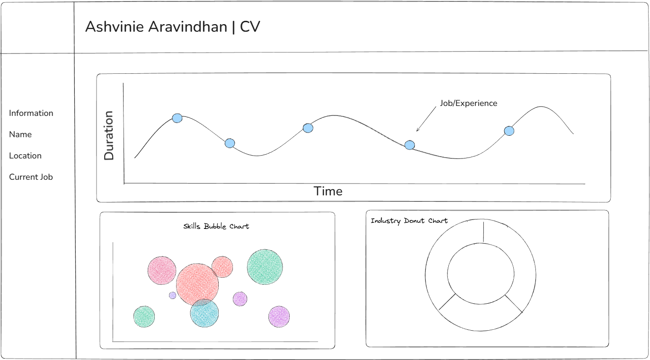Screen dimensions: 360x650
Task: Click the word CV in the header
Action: pos(250,27)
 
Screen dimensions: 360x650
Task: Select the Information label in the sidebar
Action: pos(31,113)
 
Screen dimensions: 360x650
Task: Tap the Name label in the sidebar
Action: pos(20,134)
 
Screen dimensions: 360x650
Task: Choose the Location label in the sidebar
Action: pos(25,156)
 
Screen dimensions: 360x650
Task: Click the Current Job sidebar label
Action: pos(31,177)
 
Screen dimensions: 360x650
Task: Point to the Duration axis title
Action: pos(109,135)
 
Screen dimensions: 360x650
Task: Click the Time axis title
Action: pos(328,191)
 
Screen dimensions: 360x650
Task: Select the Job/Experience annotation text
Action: pos(469,103)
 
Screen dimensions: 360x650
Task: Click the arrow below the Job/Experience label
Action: pos(426,119)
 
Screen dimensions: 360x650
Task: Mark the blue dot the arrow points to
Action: pos(410,145)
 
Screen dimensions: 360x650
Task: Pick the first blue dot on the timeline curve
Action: pos(177,118)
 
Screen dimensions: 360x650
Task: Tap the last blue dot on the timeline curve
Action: pos(509,131)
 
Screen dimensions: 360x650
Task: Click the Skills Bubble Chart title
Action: pos(216,226)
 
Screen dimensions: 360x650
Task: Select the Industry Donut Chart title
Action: pos(409,221)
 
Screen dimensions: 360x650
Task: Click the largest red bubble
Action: pos(197,284)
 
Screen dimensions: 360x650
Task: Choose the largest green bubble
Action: pos(265,267)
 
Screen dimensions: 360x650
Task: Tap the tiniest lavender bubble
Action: pos(172,295)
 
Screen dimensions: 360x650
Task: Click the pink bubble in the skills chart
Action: pos(162,270)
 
